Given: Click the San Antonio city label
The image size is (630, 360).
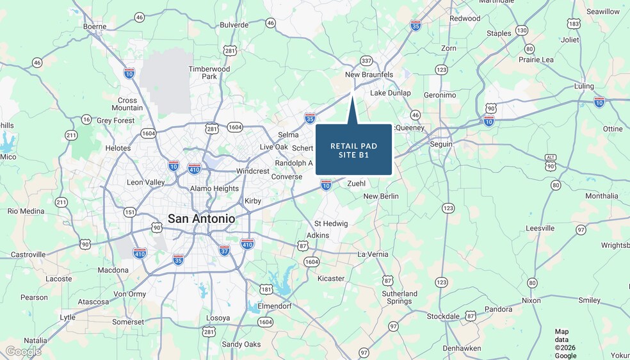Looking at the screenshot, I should click(201, 218).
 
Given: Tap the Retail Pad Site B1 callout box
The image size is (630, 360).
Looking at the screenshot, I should click(353, 150).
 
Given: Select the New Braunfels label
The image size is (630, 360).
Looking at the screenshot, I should click(369, 74).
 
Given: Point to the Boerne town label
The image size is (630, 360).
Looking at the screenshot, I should click(95, 27).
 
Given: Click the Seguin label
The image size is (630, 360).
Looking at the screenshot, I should click(441, 144).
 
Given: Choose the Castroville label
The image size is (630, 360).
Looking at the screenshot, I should click(28, 254).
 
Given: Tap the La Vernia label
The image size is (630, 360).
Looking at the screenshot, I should click(373, 254).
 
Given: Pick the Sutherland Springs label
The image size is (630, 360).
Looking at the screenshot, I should click(400, 297).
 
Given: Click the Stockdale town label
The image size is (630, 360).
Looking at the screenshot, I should click(443, 316).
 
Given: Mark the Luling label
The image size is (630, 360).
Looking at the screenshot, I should click(584, 86).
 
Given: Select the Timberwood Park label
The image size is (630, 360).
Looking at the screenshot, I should click(209, 72).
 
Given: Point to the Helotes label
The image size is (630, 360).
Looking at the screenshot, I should click(118, 148).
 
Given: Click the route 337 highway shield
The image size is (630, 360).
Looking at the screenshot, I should click(366, 61).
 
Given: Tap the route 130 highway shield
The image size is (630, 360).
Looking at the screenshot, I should click(522, 30).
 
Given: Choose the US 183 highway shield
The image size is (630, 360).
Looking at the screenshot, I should click(573, 24).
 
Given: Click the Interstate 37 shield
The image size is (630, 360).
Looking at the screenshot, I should click(224, 249).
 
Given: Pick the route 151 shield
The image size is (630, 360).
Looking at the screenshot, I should click(130, 212).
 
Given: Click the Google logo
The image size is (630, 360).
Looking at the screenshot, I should click(23, 351).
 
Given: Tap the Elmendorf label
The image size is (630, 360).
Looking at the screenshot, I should click(274, 306).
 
